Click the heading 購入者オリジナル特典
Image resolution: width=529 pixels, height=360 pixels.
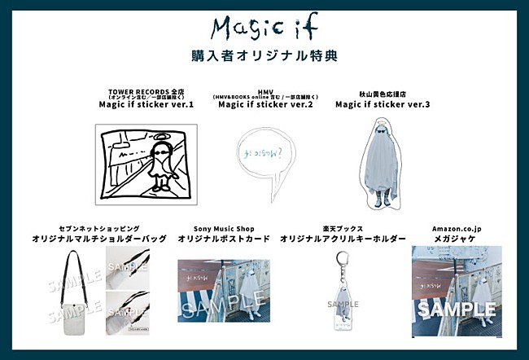coord(264,56)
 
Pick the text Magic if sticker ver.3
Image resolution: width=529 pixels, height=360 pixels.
coord(383,104)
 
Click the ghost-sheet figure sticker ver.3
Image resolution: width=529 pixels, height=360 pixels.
coord(383,163)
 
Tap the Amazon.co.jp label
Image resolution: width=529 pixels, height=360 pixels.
coord(456,229)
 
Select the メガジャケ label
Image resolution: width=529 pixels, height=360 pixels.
coord(456,239)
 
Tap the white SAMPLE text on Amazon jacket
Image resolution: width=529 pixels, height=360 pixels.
coord(457,310)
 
